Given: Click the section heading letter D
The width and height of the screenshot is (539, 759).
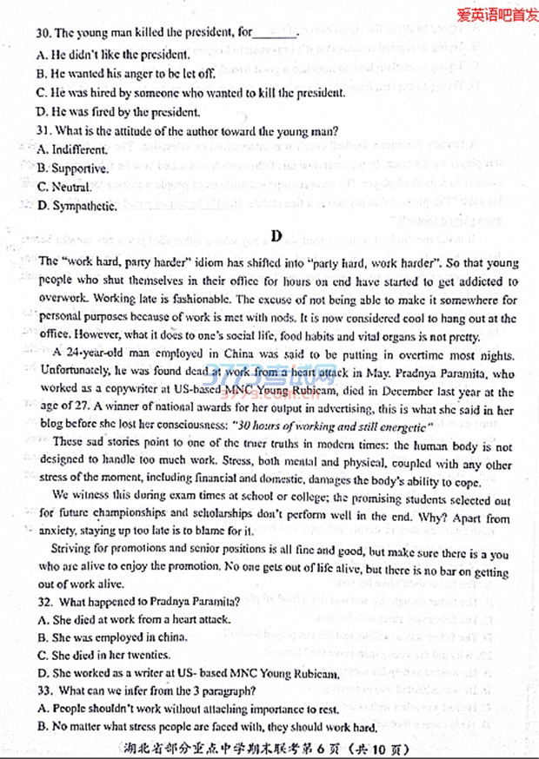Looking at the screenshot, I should click(276, 235).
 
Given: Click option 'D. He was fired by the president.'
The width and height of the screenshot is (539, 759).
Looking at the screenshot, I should click(119, 111).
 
